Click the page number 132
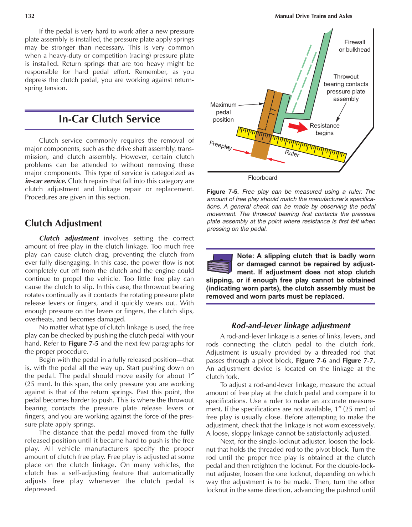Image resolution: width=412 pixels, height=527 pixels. (x=30, y=16)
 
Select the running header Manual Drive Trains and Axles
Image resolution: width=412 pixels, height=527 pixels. (x=313, y=16)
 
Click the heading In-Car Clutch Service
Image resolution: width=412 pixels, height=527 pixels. (x=109, y=119)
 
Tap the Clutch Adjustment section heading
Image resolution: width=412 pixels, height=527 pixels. (x=63, y=223)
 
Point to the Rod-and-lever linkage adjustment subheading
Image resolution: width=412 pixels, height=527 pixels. (x=290, y=325)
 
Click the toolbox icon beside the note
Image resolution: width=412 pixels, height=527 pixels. (x=220, y=263)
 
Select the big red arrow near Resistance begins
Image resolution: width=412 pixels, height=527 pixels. (x=298, y=127)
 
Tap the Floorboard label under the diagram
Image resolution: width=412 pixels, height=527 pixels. (x=262, y=178)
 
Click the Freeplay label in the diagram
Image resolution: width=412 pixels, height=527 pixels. (x=221, y=145)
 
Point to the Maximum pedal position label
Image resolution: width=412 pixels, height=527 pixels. (x=223, y=112)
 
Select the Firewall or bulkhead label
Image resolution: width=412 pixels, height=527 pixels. (x=354, y=46)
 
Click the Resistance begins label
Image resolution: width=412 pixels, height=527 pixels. (x=324, y=129)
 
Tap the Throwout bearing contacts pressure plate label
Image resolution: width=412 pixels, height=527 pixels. (x=346, y=88)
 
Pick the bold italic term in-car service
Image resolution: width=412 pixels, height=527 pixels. (x=45, y=181)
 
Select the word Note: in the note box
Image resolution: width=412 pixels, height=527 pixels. (x=246, y=256)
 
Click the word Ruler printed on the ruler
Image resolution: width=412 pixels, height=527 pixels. (x=292, y=153)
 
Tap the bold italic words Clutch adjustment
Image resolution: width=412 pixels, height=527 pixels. (x=69, y=238)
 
